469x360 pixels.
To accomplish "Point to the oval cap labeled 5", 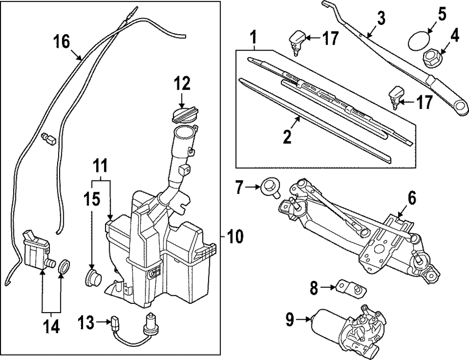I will pyautogui.click(x=418, y=40).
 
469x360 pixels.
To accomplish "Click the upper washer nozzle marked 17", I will pyautogui.click(x=297, y=38).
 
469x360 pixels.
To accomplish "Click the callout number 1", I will pyautogui.click(x=253, y=36).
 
